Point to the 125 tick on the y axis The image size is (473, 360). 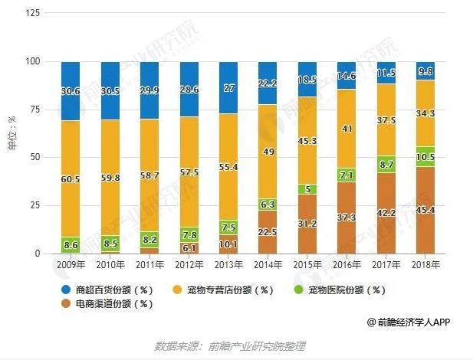pos(34,13)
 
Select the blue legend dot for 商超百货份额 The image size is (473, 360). pos(68,290)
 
